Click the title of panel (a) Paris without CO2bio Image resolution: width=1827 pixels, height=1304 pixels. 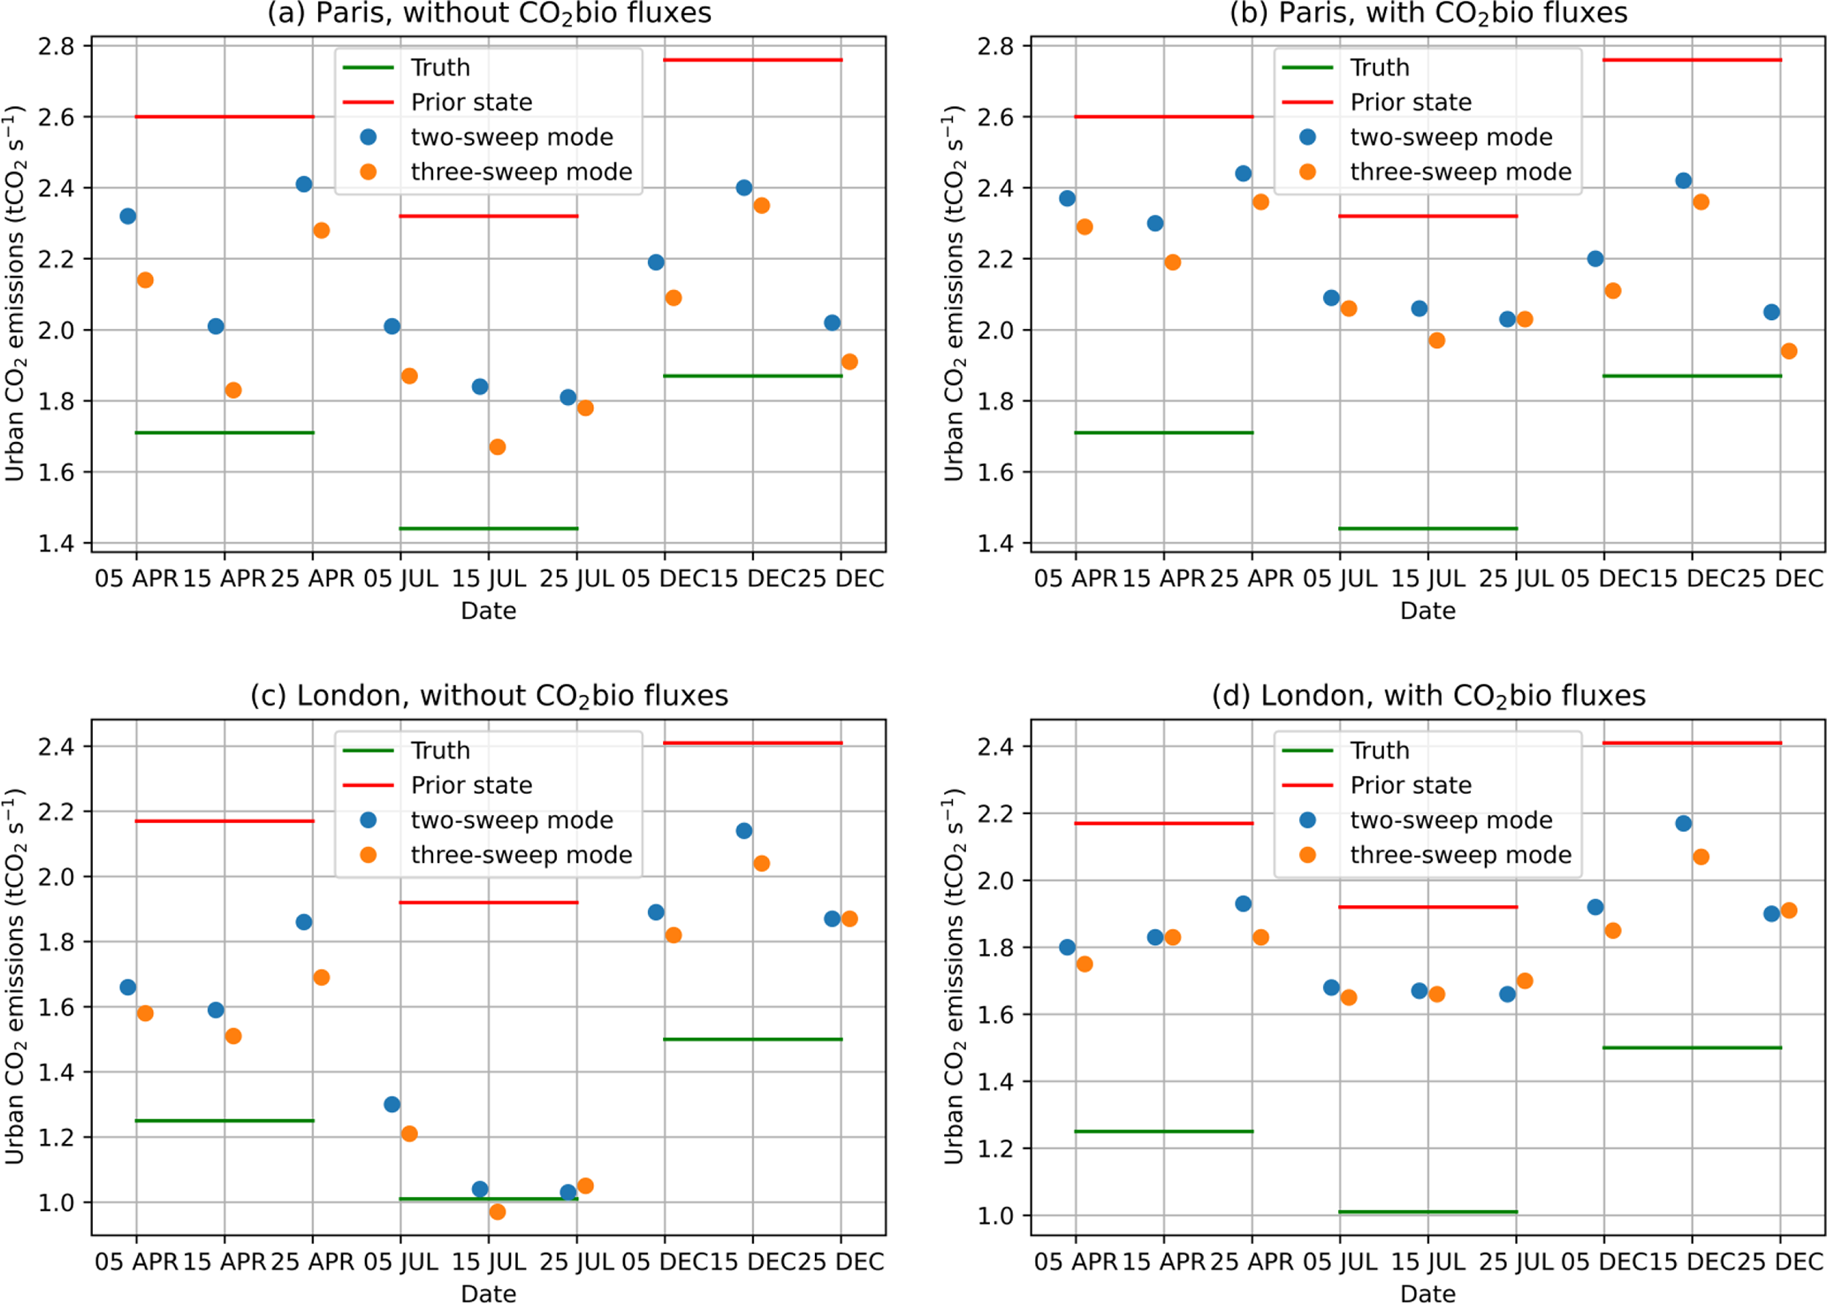[489, 14]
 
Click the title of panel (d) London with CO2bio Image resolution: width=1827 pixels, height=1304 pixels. [1427, 697]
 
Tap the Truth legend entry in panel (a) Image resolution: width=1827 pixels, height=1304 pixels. [440, 68]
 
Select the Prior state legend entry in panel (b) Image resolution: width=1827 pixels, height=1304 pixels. [1411, 103]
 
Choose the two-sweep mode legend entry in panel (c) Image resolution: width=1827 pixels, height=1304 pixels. [511, 820]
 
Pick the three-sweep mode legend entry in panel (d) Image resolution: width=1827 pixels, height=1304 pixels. [1460, 855]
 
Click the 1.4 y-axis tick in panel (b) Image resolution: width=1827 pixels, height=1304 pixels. [994, 543]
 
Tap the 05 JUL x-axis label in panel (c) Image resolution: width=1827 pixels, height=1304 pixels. [400, 1262]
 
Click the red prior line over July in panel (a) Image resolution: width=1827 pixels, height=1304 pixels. [489, 216]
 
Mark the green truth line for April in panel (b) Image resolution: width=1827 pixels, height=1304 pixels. [1163, 432]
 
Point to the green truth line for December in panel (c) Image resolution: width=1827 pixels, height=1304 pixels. [752, 1039]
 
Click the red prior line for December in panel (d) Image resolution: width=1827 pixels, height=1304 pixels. [1692, 743]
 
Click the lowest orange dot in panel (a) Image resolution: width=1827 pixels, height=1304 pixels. [498, 447]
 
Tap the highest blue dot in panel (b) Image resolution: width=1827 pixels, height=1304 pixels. [1244, 173]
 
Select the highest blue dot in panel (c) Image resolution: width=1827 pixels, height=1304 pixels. [744, 831]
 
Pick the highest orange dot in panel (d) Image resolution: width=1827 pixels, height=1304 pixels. [1701, 857]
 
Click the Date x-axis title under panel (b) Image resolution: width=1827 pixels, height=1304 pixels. [1427, 611]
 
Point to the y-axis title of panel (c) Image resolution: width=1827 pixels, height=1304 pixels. [15, 976]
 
